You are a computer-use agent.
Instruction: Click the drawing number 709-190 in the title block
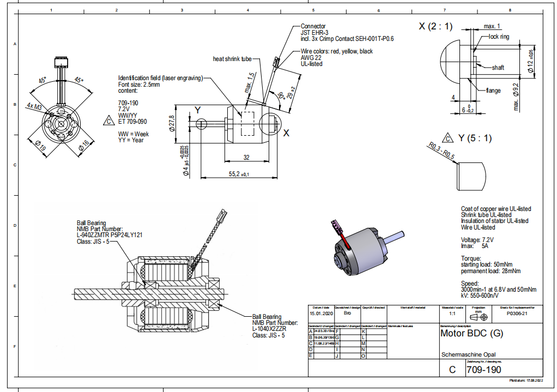484,370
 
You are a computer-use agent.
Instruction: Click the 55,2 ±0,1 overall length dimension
238,174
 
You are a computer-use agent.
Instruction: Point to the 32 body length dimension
246,158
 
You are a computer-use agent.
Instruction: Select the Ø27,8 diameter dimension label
172,124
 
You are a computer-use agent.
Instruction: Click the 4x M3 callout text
34,107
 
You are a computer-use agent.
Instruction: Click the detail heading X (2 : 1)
435,26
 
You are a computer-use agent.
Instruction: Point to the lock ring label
499,37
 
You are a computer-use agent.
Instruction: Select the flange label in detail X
493,91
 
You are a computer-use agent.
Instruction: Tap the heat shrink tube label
232,58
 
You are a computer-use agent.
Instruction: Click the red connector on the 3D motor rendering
338,227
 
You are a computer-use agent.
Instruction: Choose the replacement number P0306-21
518,314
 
